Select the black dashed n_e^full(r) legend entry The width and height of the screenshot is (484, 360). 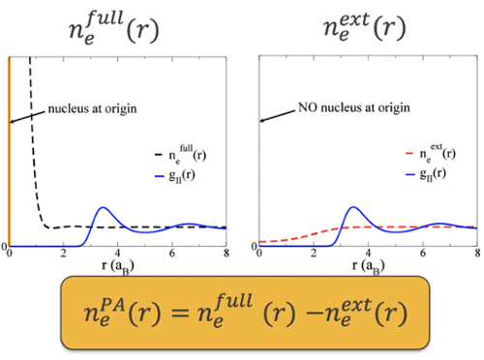click(x=180, y=154)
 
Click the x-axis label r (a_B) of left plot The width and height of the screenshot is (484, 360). click(x=117, y=264)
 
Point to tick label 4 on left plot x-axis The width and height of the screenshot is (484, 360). click(x=118, y=255)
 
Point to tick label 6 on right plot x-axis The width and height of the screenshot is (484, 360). click(x=423, y=255)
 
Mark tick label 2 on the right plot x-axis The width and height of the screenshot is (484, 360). click(x=315, y=255)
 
